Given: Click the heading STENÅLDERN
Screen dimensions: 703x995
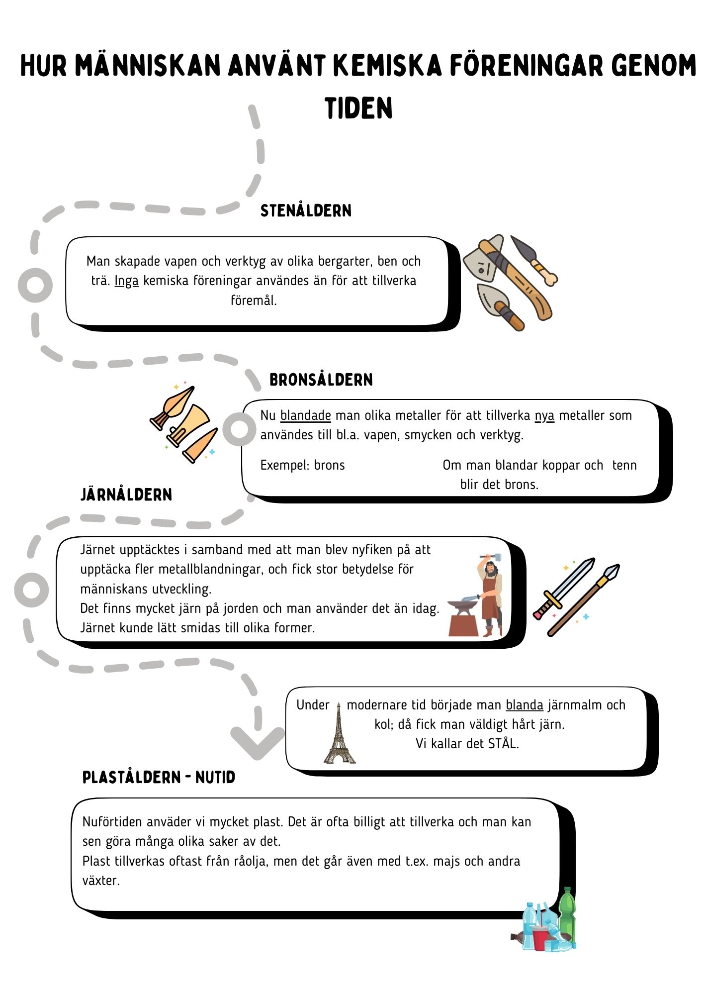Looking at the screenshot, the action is (x=306, y=210).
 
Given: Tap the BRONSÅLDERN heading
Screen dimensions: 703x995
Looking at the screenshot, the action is (x=321, y=380).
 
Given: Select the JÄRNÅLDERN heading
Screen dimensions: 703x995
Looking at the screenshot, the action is (x=126, y=495).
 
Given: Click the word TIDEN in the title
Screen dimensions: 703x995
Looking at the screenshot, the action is (x=358, y=108).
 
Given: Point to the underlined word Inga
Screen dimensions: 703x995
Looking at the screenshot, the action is (x=126, y=281).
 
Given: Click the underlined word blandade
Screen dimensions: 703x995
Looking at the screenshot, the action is (x=306, y=415).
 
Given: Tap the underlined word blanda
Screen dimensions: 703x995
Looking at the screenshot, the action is (x=525, y=705).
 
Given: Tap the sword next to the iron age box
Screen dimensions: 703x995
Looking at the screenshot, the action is (x=564, y=589).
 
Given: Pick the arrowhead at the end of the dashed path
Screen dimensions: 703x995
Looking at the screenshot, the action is (x=258, y=742).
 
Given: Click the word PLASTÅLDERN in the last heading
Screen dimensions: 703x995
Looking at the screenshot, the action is (x=132, y=777).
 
